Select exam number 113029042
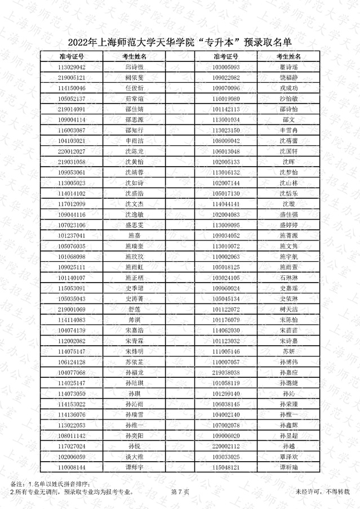click(72, 67)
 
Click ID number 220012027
click(72, 151)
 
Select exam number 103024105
click(226, 278)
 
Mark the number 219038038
click(226, 373)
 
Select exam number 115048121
click(226, 467)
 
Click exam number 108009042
click(226, 141)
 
